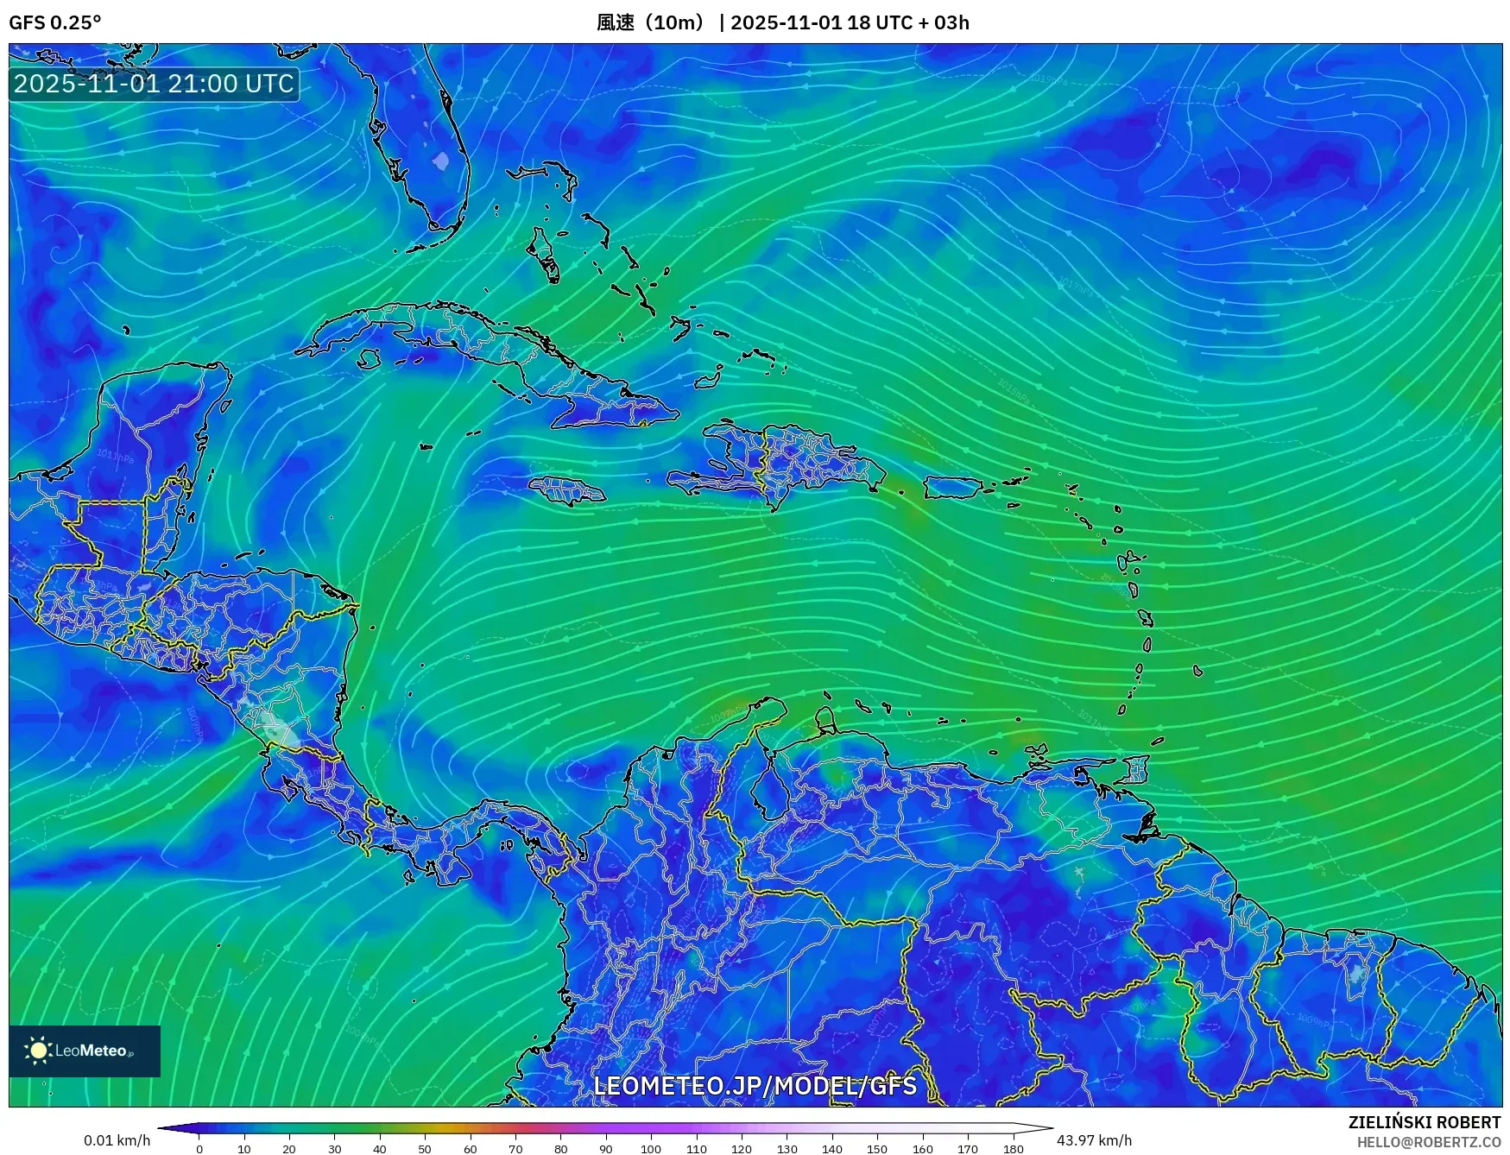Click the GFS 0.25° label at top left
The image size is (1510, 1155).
54,22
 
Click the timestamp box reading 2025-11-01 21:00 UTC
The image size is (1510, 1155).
155,84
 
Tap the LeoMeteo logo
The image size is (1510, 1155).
85,1051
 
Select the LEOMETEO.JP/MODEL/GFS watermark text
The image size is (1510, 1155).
755,1085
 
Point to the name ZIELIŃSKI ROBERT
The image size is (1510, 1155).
1425,1122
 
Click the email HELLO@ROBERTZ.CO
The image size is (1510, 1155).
1428,1142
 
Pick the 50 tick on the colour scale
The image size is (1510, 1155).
425,1149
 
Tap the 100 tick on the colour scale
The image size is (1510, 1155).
651,1149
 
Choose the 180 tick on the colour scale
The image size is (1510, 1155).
1014,1149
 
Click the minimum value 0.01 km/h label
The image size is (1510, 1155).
117,1140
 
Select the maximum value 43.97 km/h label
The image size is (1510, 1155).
1094,1140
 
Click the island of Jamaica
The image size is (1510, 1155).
567,492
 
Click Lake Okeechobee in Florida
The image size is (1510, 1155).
441,161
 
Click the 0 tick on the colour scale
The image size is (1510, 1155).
199,1149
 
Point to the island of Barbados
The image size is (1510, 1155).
1197,670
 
